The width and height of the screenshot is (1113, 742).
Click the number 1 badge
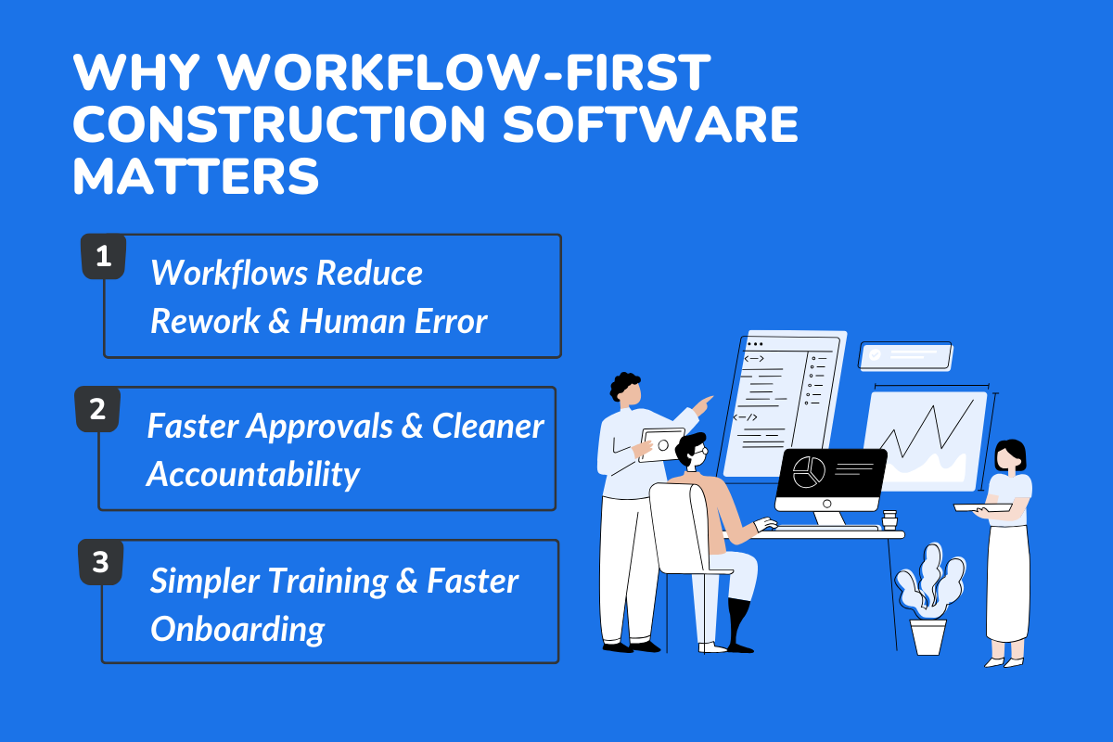(x=104, y=256)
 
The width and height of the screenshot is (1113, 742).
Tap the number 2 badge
(x=96, y=409)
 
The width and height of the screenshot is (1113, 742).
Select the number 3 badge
(x=100, y=562)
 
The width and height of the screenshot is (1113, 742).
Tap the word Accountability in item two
(x=253, y=474)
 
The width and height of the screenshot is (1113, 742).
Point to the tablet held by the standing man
(x=662, y=444)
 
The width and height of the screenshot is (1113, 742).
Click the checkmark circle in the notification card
(x=875, y=354)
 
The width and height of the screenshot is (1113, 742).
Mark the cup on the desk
(x=889, y=519)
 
